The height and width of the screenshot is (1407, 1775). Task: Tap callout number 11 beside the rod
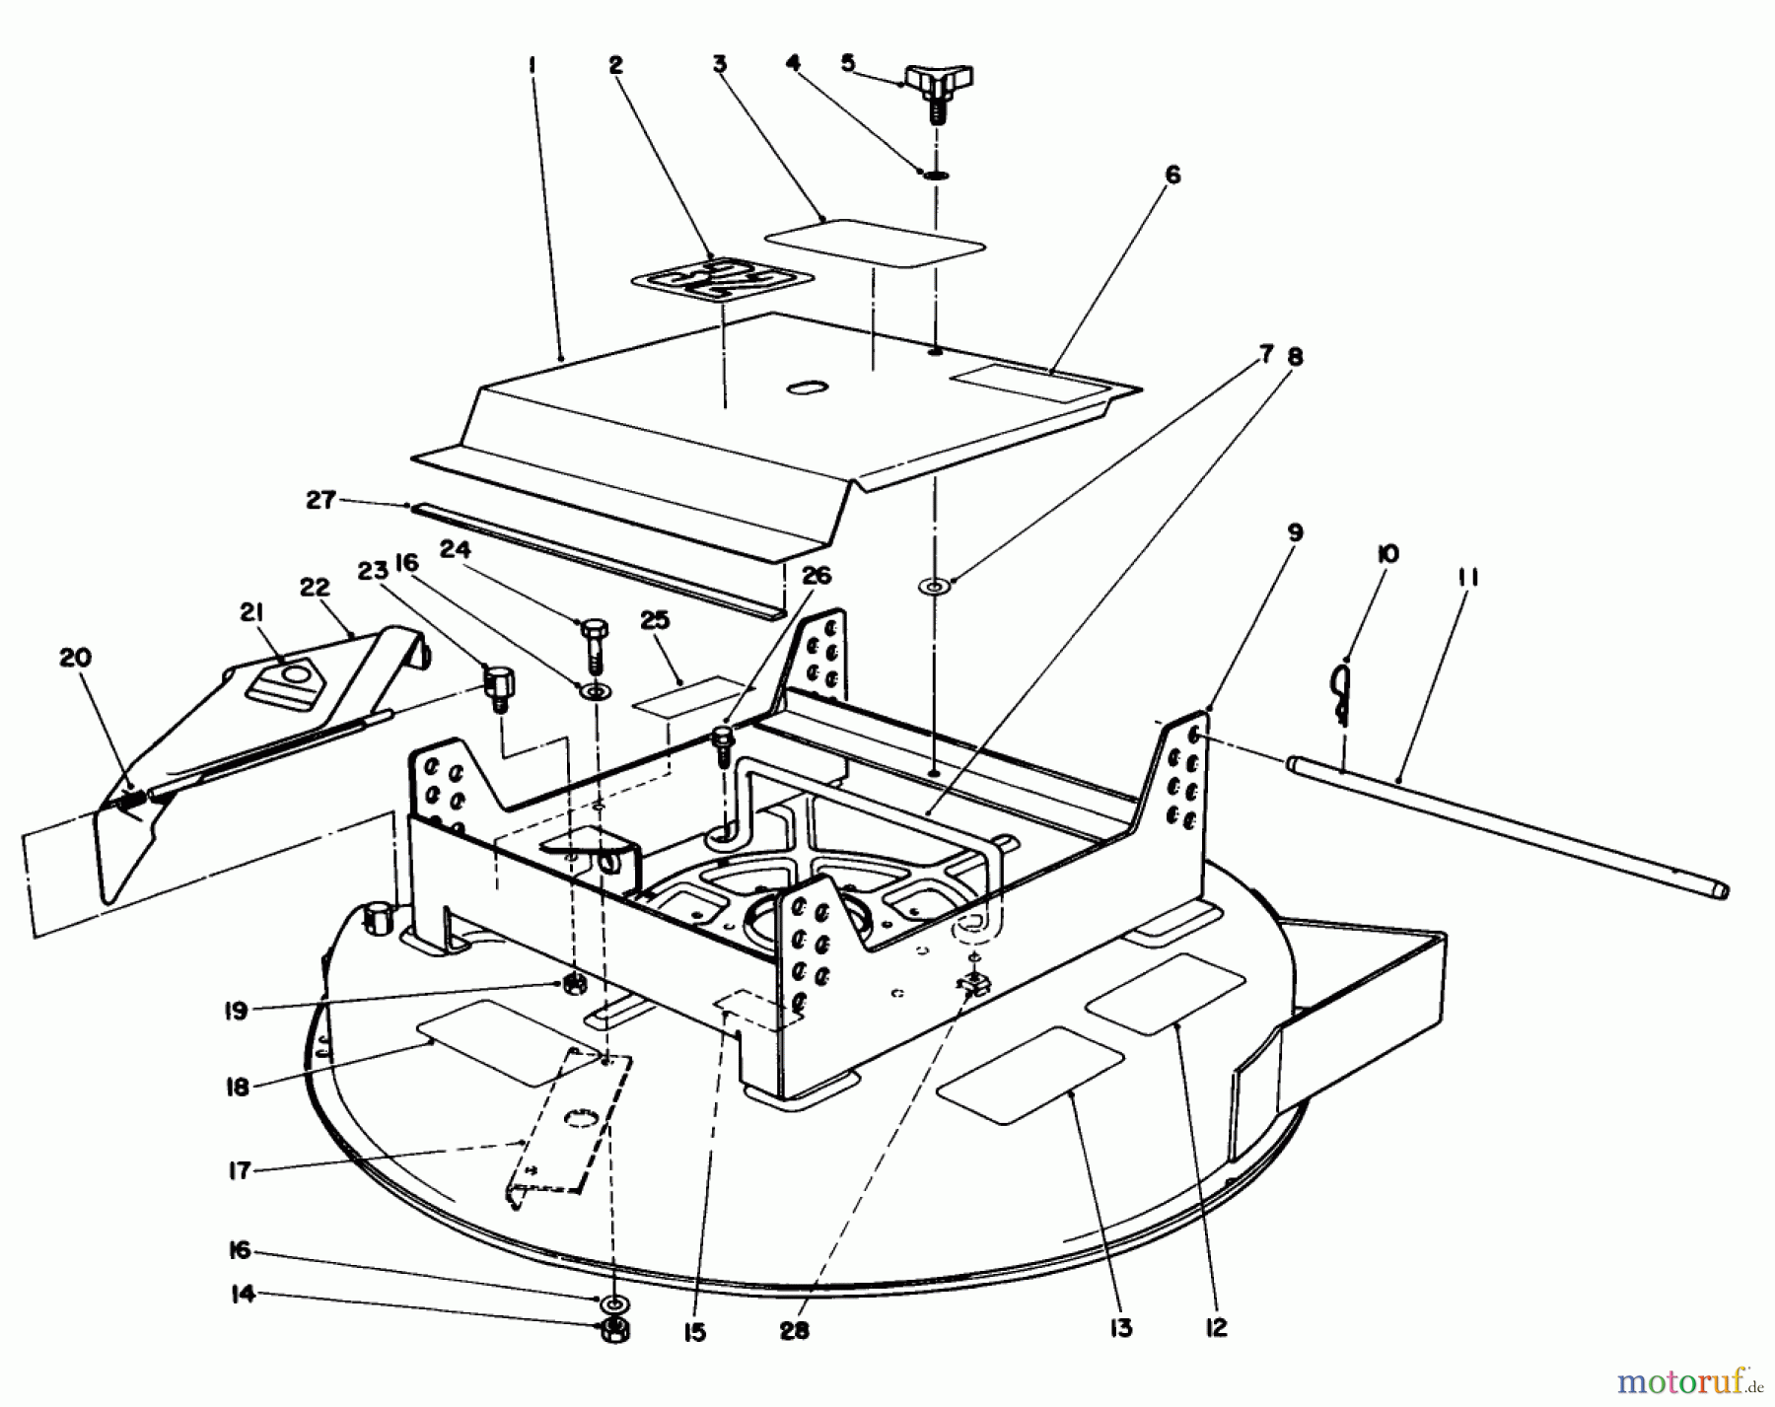1467,577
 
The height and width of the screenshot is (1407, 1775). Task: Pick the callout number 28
793,1330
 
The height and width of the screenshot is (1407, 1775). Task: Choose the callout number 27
320,501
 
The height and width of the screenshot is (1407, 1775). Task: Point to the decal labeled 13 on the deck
1030,1074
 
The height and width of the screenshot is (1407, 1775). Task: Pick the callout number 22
314,588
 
